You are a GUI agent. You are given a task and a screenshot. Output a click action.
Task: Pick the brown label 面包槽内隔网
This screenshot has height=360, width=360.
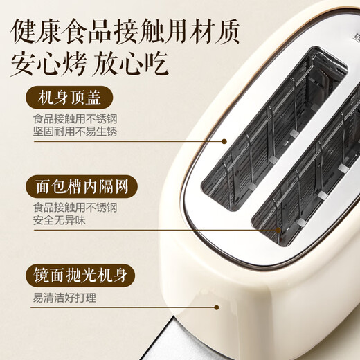tap(82, 187)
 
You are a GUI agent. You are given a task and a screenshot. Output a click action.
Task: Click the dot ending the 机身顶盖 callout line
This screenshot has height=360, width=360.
tap(224, 141)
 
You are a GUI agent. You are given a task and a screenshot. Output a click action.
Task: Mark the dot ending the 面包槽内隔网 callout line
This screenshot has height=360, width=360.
tap(279, 229)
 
